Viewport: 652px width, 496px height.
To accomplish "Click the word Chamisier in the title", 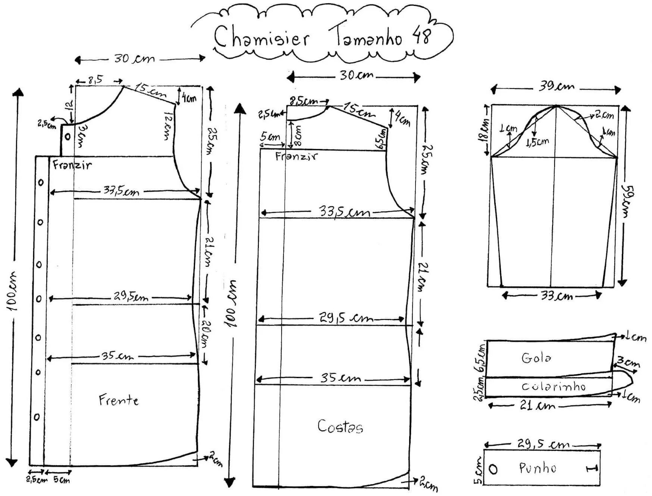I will (x=261, y=37).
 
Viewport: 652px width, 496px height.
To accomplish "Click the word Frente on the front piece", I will (x=119, y=400).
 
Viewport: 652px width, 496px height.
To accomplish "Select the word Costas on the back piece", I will (x=340, y=426).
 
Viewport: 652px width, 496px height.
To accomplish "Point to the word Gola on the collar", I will (x=536, y=358).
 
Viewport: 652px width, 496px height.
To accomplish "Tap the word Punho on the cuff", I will (x=537, y=468).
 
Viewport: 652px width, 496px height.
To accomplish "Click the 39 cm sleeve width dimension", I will (x=556, y=87).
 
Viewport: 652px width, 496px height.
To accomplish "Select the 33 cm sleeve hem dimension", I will (x=557, y=296).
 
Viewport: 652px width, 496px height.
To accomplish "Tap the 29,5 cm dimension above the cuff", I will (x=543, y=444).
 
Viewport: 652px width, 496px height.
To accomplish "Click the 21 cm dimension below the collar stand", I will (x=537, y=405).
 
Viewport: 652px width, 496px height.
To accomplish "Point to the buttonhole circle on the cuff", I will (x=493, y=469).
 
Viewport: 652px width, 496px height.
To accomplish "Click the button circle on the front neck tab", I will (x=67, y=136).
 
